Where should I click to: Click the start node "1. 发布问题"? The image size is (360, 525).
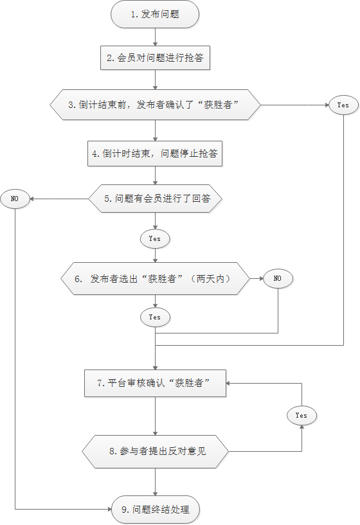coord(155,14)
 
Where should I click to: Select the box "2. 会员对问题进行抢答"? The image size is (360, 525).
coord(155,58)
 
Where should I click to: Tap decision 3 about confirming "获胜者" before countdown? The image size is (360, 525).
coord(155,105)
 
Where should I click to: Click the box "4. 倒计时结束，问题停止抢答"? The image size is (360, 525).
coord(155,154)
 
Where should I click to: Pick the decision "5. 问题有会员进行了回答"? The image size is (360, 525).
coord(155,199)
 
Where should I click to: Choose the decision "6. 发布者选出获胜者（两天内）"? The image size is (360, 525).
coord(155,279)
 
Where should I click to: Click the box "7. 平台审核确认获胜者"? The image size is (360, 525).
coord(155,383)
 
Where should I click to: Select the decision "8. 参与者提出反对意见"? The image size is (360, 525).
coord(155,451)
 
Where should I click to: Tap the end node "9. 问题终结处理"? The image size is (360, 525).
coord(155,510)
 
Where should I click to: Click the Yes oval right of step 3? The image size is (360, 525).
coord(343,105)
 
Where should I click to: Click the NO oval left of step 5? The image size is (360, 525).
coord(15,199)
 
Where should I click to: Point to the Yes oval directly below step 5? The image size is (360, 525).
coord(155,239)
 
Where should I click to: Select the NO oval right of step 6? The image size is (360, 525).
coord(278,278)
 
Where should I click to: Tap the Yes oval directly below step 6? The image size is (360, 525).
coord(155,317)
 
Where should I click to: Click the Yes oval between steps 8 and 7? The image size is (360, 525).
coord(301,416)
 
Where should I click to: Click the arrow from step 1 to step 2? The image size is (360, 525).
coord(155,37)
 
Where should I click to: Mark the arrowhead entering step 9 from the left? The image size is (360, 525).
coord(109,510)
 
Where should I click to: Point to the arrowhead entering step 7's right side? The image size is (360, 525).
coord(228,384)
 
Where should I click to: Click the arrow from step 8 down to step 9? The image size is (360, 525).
coord(155,482)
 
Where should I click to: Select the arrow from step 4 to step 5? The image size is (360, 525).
coord(155,175)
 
